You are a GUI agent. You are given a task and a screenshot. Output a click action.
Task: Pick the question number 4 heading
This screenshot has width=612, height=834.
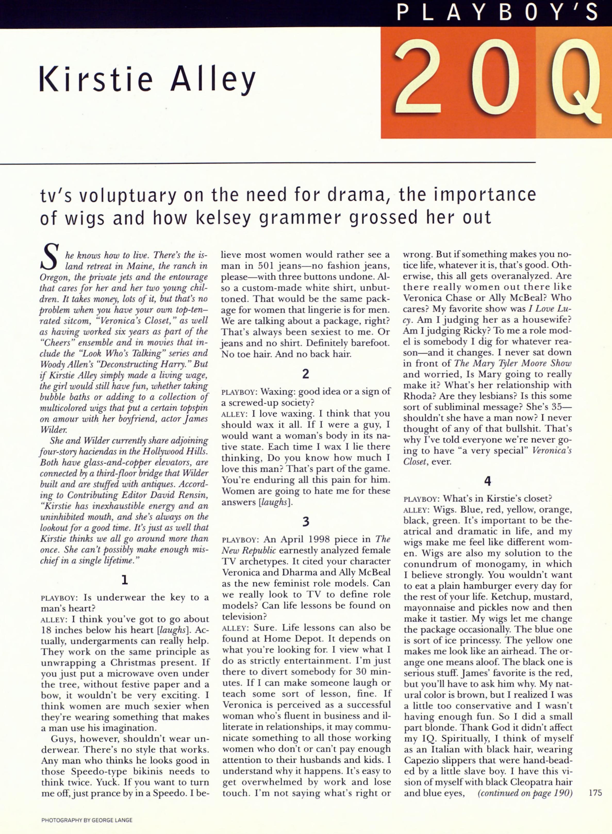click(487, 481)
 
